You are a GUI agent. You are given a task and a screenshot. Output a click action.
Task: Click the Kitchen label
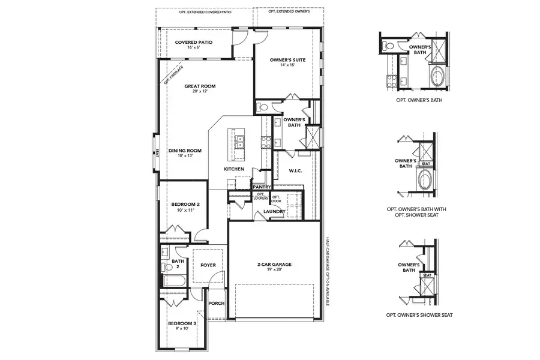click(234, 170)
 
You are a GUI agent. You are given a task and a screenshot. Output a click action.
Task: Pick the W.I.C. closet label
click(295, 171)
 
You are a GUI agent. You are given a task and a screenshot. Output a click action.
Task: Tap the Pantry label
click(263, 187)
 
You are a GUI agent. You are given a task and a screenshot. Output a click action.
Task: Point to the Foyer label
click(208, 265)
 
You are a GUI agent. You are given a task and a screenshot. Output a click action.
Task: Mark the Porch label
click(216, 304)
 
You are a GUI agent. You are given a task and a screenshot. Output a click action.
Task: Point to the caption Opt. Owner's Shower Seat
click(419, 315)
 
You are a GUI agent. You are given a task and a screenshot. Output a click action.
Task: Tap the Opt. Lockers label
click(261, 196)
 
